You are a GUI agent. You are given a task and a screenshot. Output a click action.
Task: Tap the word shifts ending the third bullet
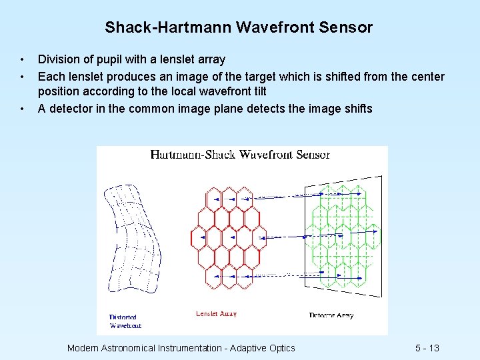(x=357, y=109)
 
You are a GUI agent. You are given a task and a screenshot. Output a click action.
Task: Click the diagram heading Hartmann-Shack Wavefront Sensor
(x=240, y=155)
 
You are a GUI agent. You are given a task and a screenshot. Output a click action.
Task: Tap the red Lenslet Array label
(x=216, y=314)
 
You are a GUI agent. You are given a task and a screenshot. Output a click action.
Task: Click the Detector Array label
(x=331, y=315)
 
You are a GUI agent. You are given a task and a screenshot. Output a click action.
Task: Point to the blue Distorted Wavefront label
(x=125, y=321)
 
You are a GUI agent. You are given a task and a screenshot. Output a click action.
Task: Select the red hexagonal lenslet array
(x=227, y=237)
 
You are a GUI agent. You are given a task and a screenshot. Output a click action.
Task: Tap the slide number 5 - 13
(x=427, y=348)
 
